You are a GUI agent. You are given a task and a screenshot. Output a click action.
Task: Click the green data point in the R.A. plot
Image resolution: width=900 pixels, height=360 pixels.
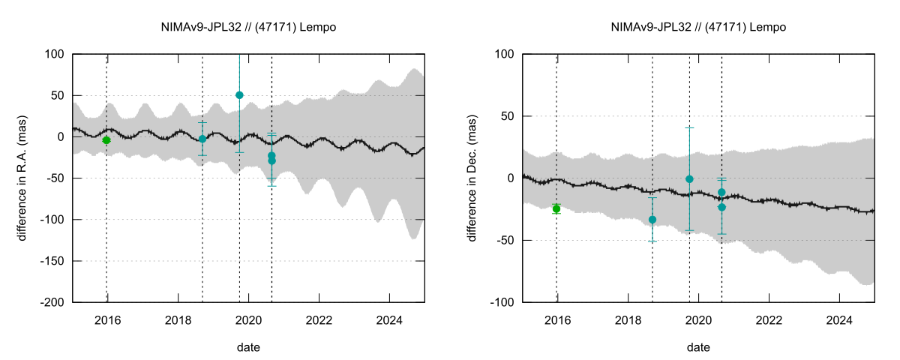pos(106,140)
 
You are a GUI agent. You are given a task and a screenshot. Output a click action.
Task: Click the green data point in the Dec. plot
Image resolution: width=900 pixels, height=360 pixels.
pos(556,208)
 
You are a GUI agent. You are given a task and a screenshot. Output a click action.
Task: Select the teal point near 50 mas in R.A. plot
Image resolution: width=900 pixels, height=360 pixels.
pos(239,95)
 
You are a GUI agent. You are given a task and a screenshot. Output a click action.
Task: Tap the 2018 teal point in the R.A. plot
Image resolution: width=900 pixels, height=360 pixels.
pos(202,139)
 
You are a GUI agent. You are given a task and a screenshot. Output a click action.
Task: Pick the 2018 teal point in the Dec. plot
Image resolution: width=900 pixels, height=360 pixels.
pos(652,220)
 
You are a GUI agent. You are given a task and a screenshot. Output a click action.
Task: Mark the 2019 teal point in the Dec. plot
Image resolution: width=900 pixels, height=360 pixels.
pos(689,179)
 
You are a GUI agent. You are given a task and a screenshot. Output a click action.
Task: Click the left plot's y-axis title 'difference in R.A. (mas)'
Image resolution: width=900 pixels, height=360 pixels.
pos(22,178)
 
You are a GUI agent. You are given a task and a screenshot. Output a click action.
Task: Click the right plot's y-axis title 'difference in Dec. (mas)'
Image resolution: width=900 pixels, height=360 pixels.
pos(472,178)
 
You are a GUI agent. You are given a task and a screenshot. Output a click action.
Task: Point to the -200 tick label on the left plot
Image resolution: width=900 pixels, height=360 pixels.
pos(52,302)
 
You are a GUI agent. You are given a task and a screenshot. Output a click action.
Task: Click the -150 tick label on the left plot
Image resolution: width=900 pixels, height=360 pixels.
pos(52,261)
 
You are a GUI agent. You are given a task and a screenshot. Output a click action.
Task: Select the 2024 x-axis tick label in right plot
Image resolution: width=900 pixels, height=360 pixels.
pos(839,318)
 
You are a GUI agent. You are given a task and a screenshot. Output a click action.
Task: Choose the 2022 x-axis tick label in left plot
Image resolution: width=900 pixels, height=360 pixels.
pos(319,318)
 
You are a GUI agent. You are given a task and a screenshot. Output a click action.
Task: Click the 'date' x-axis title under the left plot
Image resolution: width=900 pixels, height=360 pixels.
pos(248,347)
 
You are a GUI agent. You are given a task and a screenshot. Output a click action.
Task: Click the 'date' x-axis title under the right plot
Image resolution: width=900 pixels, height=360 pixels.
pos(698,347)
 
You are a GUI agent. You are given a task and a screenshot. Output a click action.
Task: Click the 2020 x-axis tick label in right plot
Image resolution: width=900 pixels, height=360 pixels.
pos(698,318)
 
